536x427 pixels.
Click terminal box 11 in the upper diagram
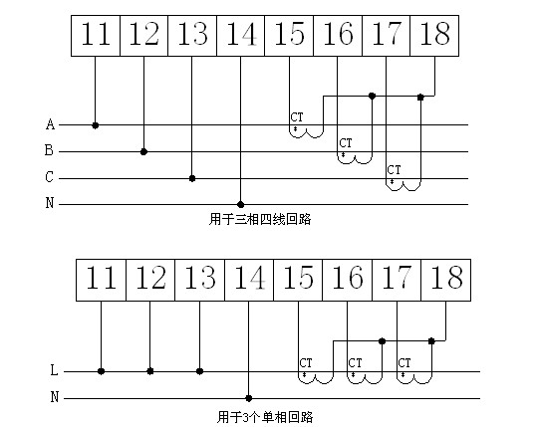point(96,36)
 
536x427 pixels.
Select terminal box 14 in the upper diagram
point(241,36)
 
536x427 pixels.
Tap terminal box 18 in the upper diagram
point(434,36)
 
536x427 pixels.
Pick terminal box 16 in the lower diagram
point(348,280)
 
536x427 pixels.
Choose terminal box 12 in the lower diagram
point(150,280)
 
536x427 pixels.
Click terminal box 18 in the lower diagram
point(446,280)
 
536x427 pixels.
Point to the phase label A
point(50,124)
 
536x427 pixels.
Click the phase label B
point(49,150)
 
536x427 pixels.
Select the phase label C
point(49,177)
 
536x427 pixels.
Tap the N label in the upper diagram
point(50,203)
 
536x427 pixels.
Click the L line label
point(54,370)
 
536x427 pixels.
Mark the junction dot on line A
point(96,125)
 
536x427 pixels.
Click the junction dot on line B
point(143,151)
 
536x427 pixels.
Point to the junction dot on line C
point(192,178)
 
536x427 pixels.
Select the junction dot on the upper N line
point(241,205)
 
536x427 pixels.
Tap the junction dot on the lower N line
point(249,398)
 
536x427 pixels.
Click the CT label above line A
point(297,117)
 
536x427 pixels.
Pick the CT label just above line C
point(394,170)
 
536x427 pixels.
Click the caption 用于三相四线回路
point(260,219)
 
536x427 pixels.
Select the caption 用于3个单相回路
point(265,417)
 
